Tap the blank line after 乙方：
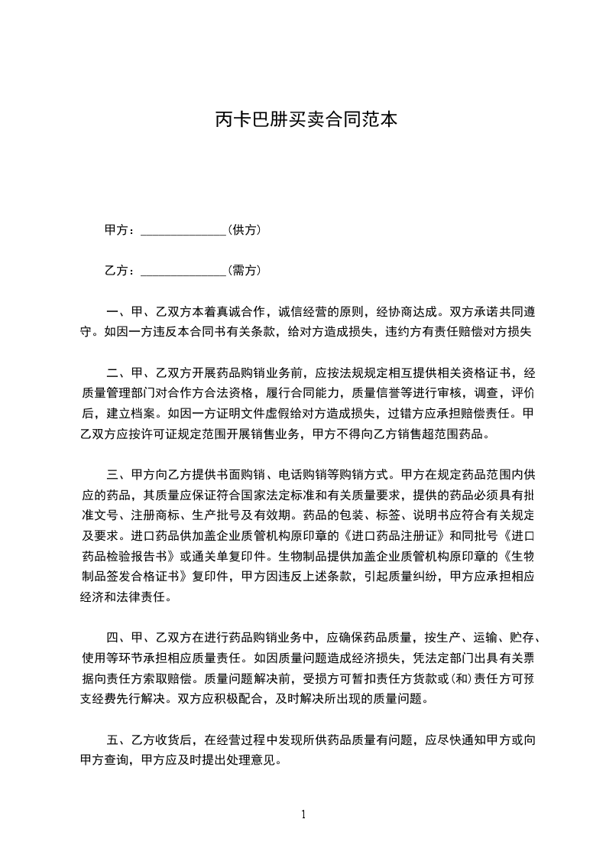(x=184, y=271)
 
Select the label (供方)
(x=245, y=229)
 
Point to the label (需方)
(x=245, y=271)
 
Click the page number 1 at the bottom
(x=303, y=814)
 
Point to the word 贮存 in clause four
(x=525, y=639)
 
